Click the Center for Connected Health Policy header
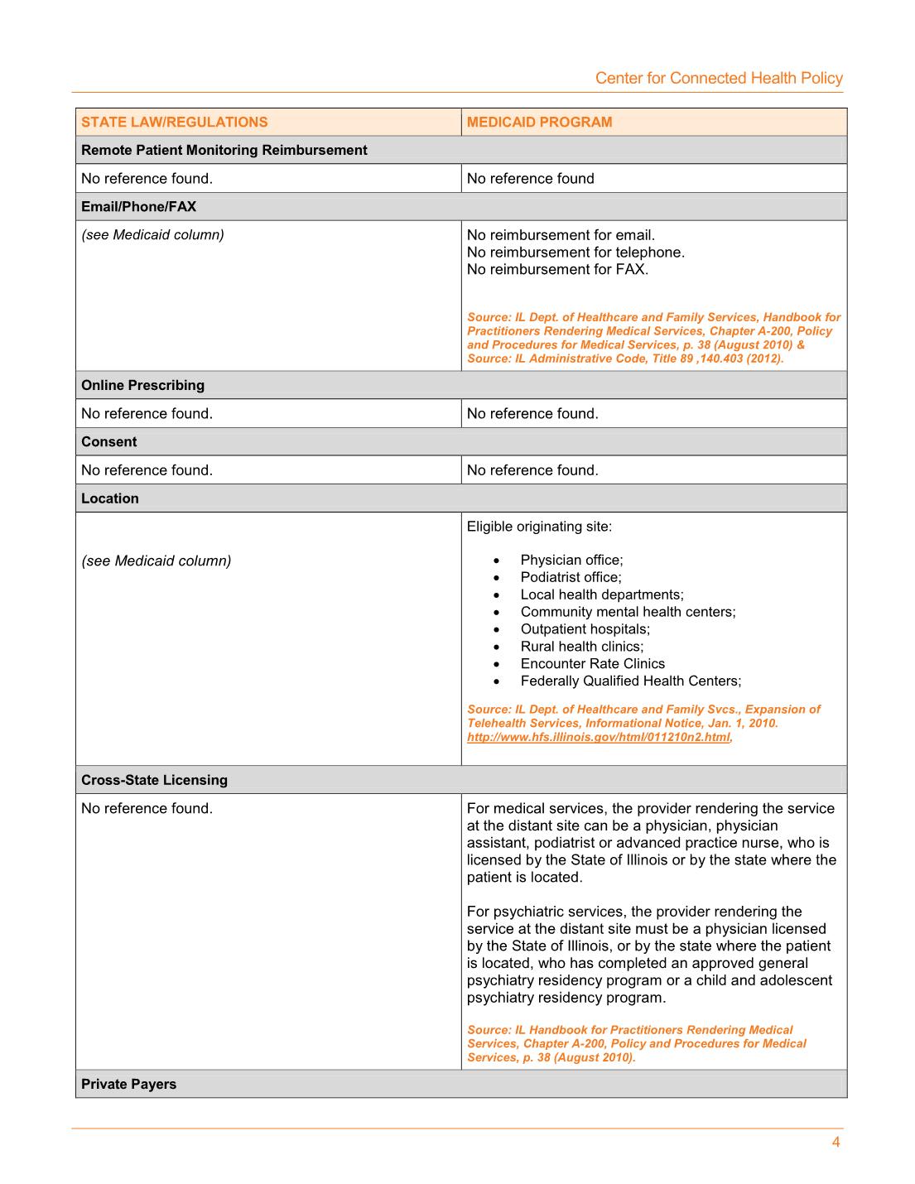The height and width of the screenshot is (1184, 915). (x=719, y=79)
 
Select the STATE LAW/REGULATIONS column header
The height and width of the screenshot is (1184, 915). (x=175, y=123)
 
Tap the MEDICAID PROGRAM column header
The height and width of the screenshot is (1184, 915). (x=539, y=123)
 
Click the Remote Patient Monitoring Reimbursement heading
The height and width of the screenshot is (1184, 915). (x=224, y=151)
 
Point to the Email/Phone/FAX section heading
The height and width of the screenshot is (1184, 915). (x=138, y=207)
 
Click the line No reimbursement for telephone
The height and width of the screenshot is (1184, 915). (x=575, y=253)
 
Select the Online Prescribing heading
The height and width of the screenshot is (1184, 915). (x=142, y=386)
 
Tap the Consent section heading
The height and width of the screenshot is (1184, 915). (x=108, y=442)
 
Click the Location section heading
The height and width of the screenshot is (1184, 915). (x=110, y=498)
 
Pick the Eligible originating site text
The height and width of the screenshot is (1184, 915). (x=539, y=527)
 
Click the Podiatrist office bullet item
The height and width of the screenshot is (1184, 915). (x=571, y=578)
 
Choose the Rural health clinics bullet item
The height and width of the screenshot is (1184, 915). (x=581, y=647)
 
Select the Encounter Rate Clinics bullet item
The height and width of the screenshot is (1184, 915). (x=592, y=664)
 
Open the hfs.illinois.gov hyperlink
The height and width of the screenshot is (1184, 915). (x=598, y=738)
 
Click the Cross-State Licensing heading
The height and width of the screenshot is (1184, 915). (x=154, y=781)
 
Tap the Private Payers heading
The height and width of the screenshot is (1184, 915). (x=128, y=1085)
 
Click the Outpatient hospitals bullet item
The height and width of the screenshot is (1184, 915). (x=585, y=629)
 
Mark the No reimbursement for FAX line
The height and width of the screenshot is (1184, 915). (x=557, y=270)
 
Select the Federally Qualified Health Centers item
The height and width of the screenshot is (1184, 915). (x=630, y=681)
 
